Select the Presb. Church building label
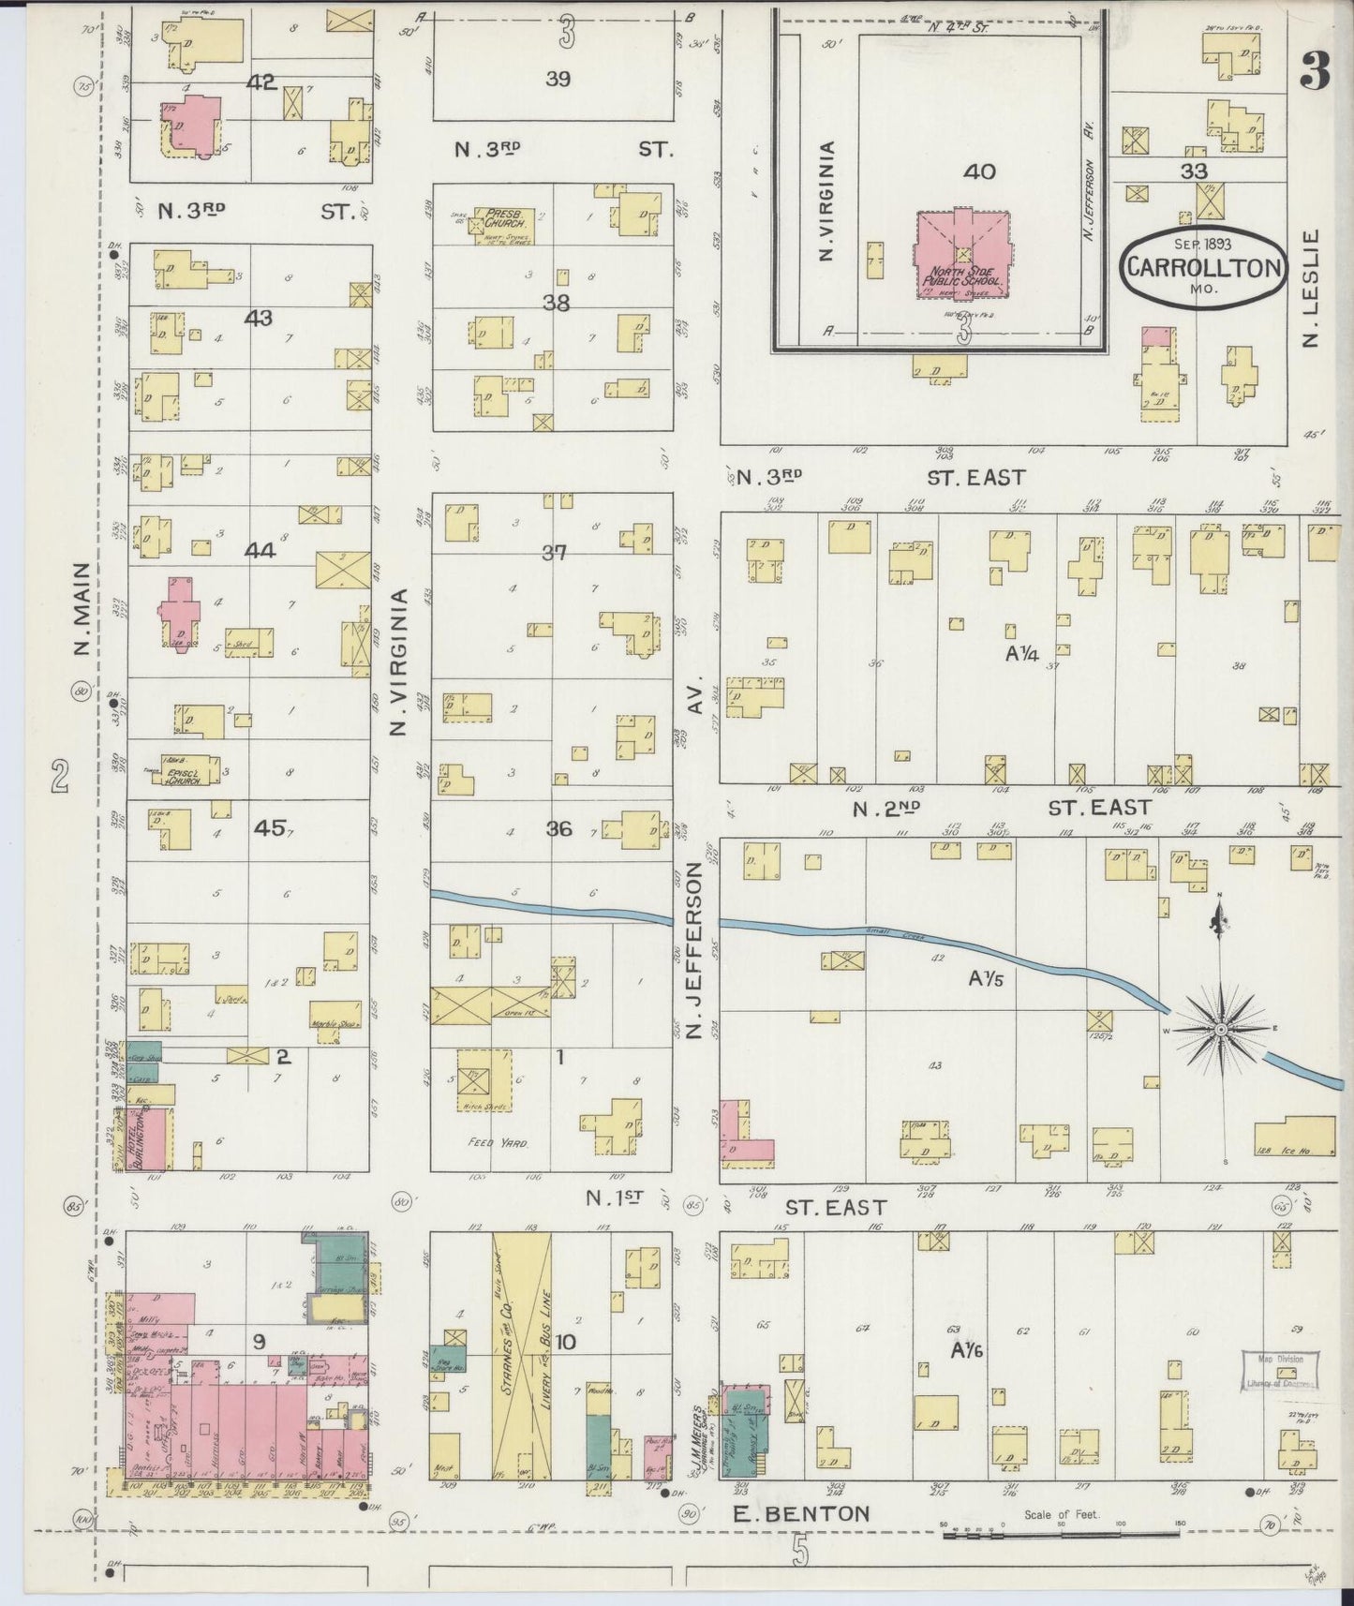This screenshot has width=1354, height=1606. pyautogui.click(x=508, y=219)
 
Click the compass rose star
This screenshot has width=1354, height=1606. pyautogui.click(x=1221, y=1030)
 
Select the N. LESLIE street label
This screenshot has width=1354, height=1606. pyautogui.click(x=1311, y=289)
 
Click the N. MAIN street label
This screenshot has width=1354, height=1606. pyautogui.click(x=82, y=609)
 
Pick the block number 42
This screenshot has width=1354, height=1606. pyautogui.click(x=260, y=82)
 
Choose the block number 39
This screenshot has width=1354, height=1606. pyautogui.click(x=558, y=79)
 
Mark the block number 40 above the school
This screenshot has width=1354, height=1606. pyautogui.click(x=980, y=171)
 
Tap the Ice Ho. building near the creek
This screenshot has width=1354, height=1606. pyautogui.click(x=1296, y=1138)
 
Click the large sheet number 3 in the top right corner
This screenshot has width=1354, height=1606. pyautogui.click(x=1316, y=73)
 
